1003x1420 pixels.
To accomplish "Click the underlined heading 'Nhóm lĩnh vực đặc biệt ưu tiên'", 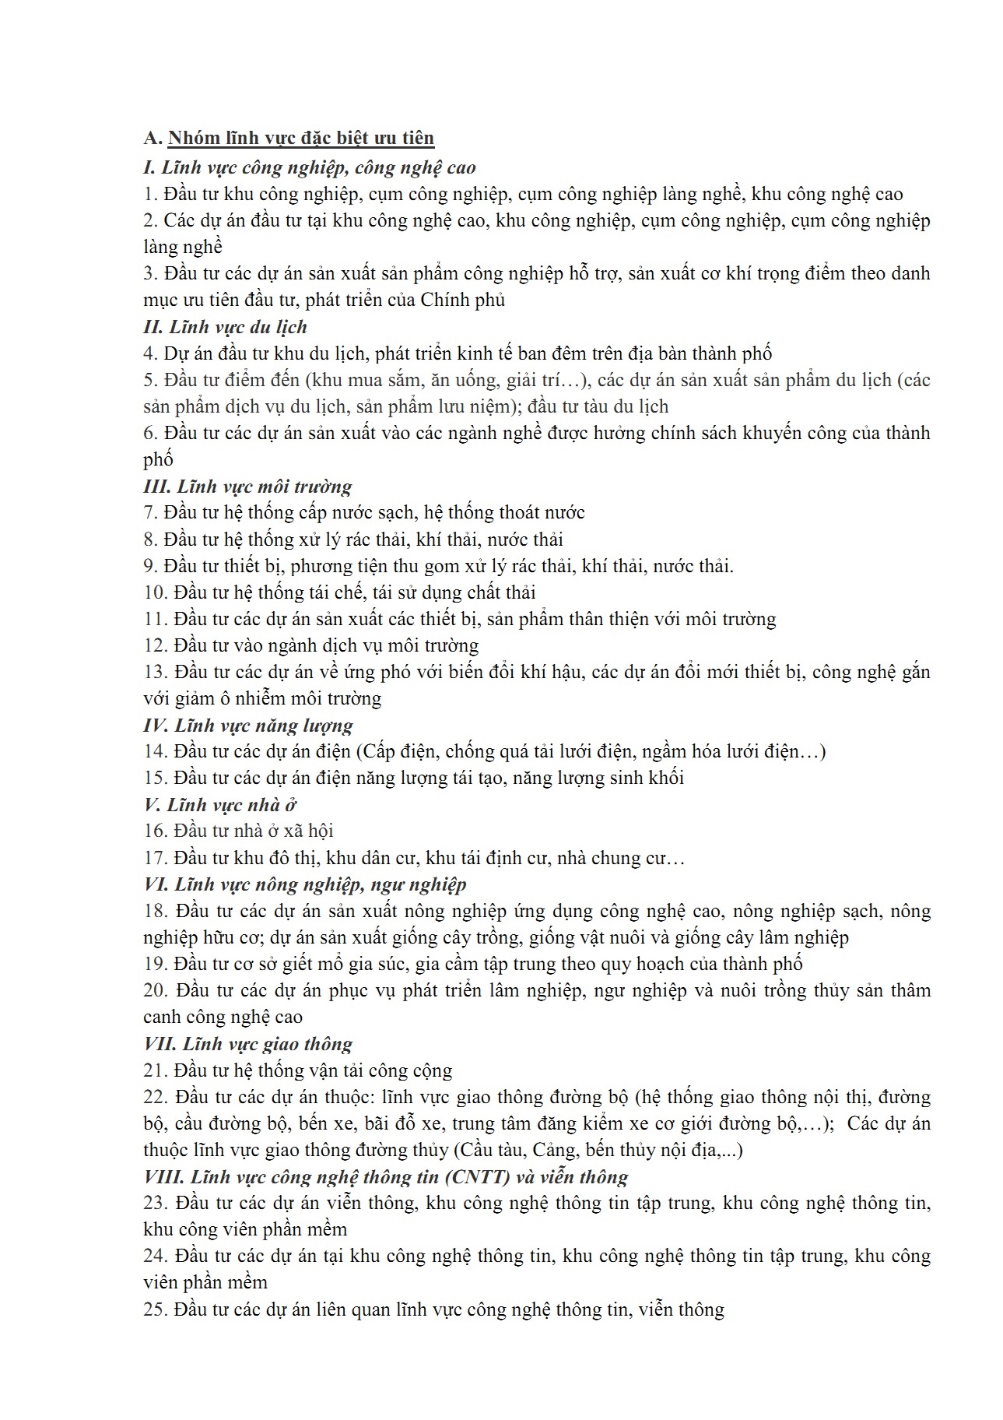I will (300, 138).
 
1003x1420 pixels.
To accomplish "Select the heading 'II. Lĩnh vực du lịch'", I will (226, 327).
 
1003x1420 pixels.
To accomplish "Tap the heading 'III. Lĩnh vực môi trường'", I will (247, 487).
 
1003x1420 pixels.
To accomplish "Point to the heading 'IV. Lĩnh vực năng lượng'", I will (248, 726).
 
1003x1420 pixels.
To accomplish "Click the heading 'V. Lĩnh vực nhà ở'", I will (220, 805).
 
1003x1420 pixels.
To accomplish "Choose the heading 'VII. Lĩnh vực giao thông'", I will (247, 1044).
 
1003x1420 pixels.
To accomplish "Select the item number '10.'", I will (156, 592).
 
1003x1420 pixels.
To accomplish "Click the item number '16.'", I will (156, 831).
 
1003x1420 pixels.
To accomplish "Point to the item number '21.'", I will (156, 1070).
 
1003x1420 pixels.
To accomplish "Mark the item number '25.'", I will (156, 1309).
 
